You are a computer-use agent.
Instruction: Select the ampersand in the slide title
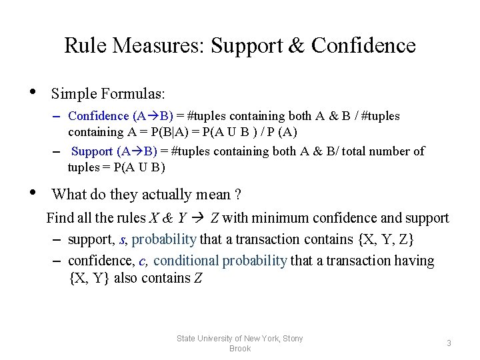point(297,45)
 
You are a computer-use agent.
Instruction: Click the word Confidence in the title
point(363,45)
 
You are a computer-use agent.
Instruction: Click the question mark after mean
point(237,195)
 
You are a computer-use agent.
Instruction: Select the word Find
point(59,218)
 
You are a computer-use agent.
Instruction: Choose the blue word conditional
point(186,261)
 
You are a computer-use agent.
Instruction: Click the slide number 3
point(449,343)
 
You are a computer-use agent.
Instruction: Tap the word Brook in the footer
point(240,349)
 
